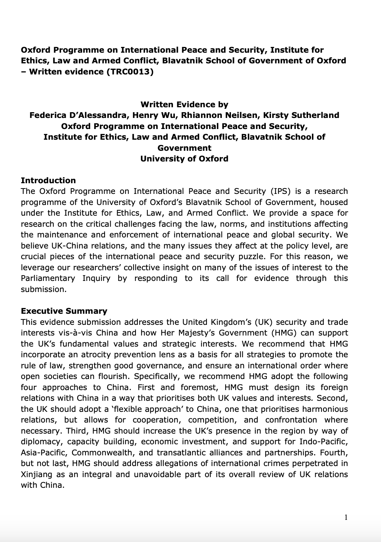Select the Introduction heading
[x=48, y=180]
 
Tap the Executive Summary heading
[x=64, y=311]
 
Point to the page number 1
[x=346, y=518]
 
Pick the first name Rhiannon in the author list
[x=199, y=115]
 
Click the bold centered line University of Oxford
[x=184, y=159]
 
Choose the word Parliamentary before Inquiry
[x=48, y=278]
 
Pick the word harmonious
[x=325, y=409]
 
